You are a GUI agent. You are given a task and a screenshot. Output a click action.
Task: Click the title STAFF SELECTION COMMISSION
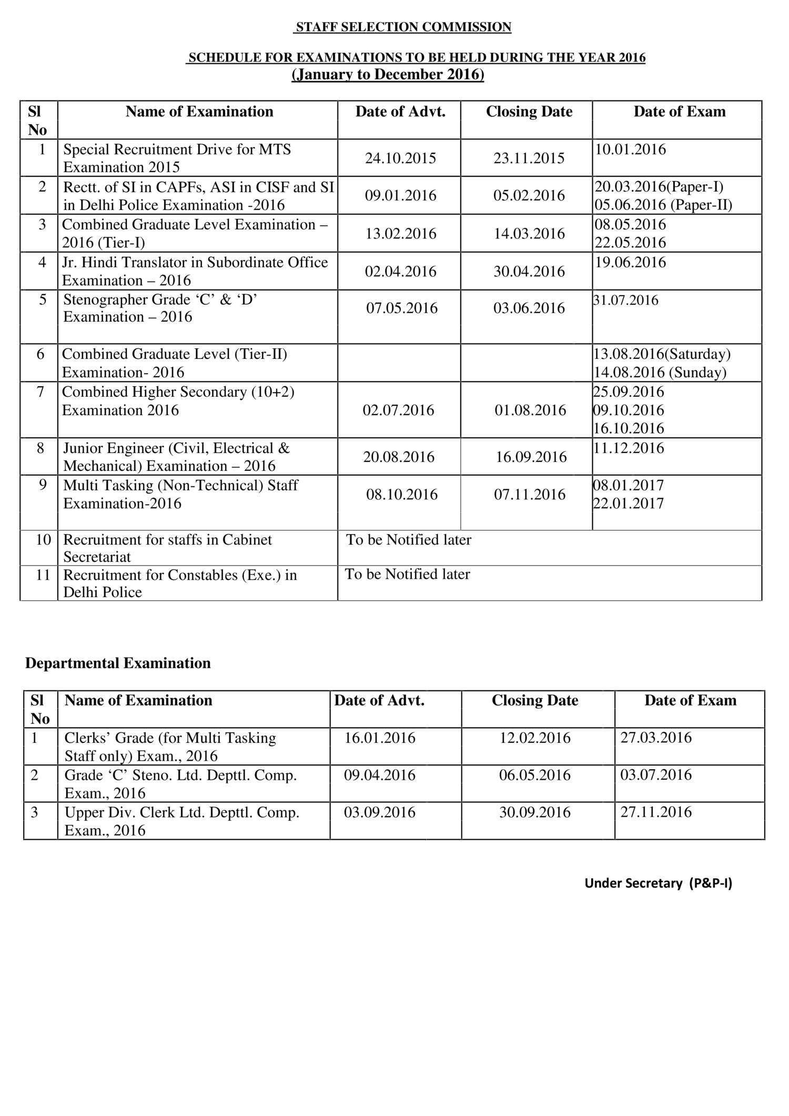point(403,27)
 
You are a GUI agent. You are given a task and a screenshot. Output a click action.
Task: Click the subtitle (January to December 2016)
point(388,75)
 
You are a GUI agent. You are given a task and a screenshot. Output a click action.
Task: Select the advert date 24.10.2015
point(400,158)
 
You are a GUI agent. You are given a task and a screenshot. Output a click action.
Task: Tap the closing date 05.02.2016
point(529,196)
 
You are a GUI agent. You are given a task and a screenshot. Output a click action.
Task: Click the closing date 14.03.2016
point(529,234)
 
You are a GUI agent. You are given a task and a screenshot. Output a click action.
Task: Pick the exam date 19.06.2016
point(630,263)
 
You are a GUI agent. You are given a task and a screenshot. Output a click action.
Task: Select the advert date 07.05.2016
point(401,308)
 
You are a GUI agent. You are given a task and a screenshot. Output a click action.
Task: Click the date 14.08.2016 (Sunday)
point(660,373)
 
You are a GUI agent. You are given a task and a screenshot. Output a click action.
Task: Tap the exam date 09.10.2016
point(629,410)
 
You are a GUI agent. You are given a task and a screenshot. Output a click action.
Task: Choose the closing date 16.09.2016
point(531,457)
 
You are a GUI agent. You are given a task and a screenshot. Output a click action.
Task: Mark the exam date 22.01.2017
point(629,504)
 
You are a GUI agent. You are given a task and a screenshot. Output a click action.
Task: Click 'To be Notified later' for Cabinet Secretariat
point(408,540)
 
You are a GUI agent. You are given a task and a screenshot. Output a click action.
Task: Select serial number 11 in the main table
point(43,575)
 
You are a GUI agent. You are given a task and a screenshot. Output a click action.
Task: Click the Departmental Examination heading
point(118,663)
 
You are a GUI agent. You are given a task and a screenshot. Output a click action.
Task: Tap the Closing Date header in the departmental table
point(534,701)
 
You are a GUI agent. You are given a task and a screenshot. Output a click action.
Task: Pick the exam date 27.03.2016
point(655,738)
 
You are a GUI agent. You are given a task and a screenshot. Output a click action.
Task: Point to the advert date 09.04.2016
point(379,775)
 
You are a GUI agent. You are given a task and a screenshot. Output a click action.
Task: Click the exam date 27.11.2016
point(655,812)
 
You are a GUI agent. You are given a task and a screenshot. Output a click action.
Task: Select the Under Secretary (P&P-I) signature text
point(658,883)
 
